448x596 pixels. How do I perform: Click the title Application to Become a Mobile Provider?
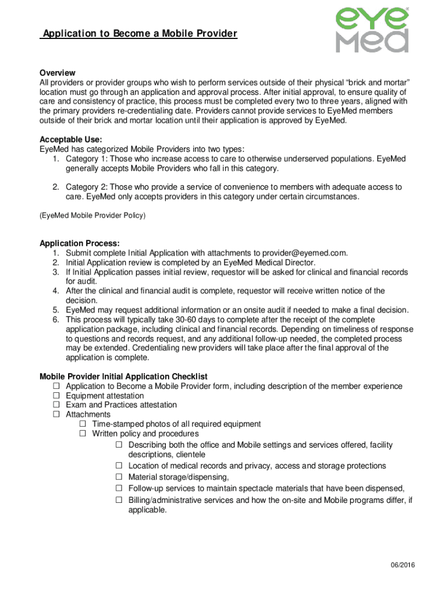click(139, 34)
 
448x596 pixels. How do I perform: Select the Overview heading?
click(57, 73)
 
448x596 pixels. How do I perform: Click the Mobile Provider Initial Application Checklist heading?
click(123, 377)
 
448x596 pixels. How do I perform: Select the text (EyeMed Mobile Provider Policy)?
click(92, 215)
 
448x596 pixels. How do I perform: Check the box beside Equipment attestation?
click(56, 396)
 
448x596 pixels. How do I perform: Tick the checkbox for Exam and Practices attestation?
click(56, 405)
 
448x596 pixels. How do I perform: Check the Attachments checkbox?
click(56, 414)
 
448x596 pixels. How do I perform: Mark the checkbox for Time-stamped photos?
click(83, 424)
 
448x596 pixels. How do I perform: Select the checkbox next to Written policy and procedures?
click(83, 434)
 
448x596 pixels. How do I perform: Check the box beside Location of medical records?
click(119, 466)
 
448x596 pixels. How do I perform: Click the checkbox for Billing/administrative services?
click(119, 500)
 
